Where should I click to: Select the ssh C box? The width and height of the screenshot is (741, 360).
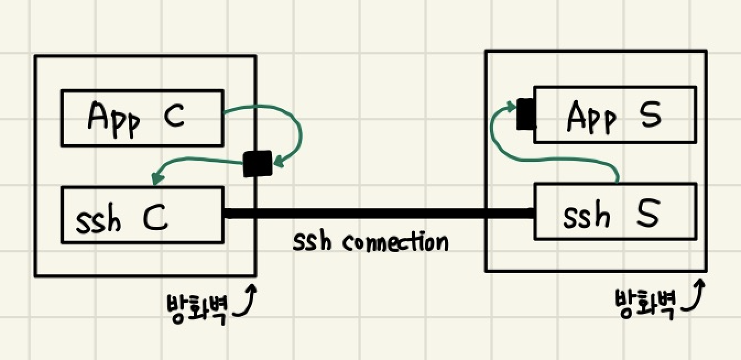click(142, 215)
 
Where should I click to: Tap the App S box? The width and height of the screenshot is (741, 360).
click(614, 114)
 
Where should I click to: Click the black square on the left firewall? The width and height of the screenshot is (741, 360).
click(257, 163)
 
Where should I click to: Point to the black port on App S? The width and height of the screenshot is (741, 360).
click(525, 114)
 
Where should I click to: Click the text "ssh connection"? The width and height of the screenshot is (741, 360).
click(370, 242)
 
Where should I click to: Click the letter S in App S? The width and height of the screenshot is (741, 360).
click(649, 114)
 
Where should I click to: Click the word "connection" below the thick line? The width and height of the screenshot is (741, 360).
click(395, 242)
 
